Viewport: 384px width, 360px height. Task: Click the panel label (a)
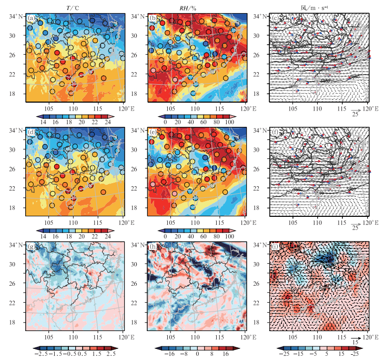point(32,19)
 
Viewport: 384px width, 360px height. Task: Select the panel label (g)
point(32,246)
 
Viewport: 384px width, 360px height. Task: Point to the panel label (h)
point(153,246)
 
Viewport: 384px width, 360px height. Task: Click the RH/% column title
point(196,6)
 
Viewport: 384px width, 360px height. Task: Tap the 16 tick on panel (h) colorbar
point(227,355)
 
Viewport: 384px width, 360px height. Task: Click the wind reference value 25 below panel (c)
point(356,115)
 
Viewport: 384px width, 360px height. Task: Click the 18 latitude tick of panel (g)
point(18,321)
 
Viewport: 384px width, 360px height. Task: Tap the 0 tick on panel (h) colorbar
point(196,355)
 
